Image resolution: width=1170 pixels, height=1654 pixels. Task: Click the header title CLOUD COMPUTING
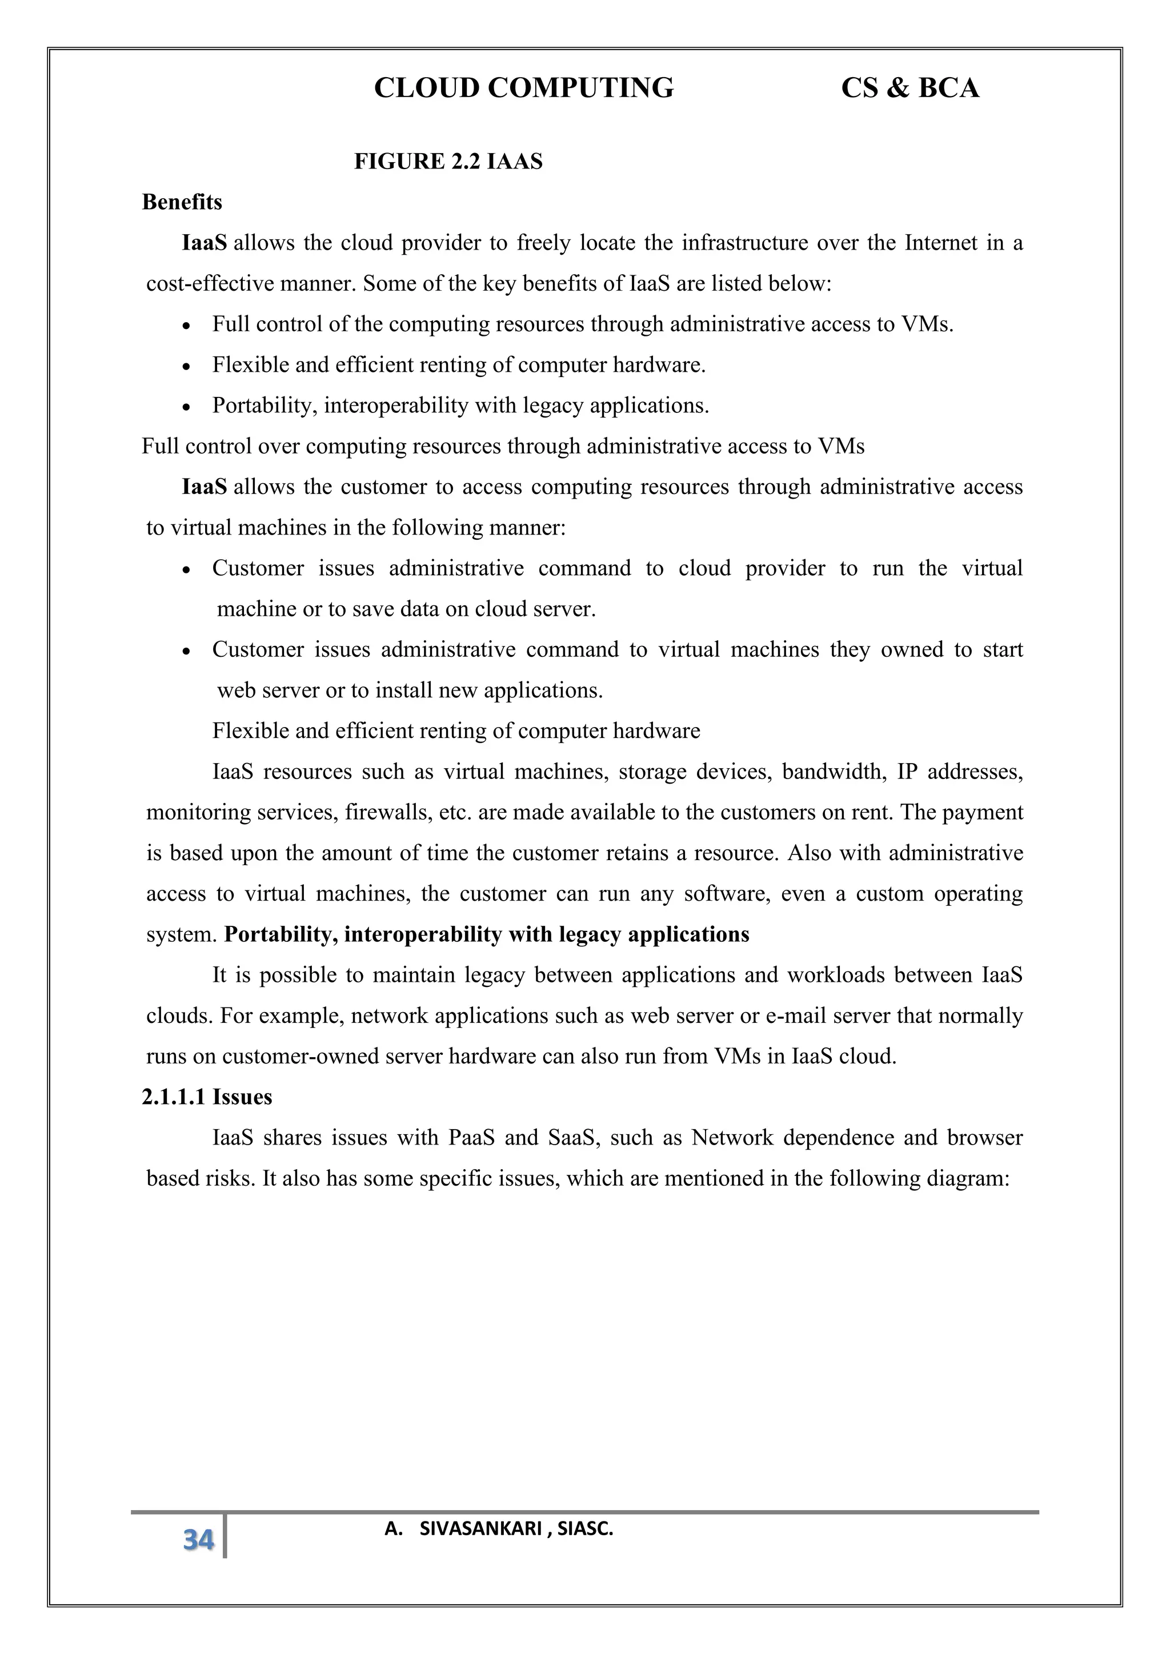click(x=524, y=88)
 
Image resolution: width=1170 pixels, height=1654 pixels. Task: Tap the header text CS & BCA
click(x=910, y=88)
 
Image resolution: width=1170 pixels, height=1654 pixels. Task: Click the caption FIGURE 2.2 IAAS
click(x=448, y=162)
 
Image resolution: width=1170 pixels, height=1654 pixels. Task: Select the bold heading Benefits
click(x=182, y=202)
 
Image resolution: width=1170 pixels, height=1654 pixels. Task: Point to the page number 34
click(x=199, y=1539)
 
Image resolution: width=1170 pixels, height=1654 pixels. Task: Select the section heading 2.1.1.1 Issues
click(x=207, y=1097)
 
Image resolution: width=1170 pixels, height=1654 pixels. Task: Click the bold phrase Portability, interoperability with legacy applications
click(x=486, y=935)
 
